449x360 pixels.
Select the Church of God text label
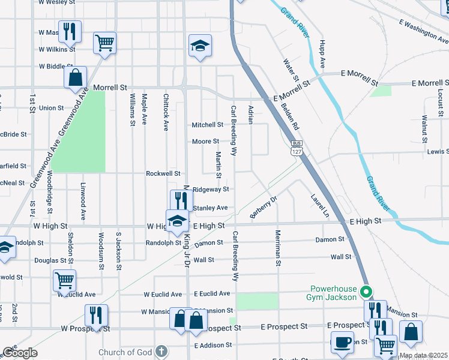127,352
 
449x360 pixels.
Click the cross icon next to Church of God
160,352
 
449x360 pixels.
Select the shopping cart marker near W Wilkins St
105,43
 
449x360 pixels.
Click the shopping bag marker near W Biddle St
76,77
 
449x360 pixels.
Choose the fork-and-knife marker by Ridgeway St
181,200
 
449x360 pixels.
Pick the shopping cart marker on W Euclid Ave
65,280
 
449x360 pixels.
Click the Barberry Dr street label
264,208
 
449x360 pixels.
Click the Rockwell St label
163,173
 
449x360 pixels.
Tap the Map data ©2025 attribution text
423,355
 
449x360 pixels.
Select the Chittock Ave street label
166,112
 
